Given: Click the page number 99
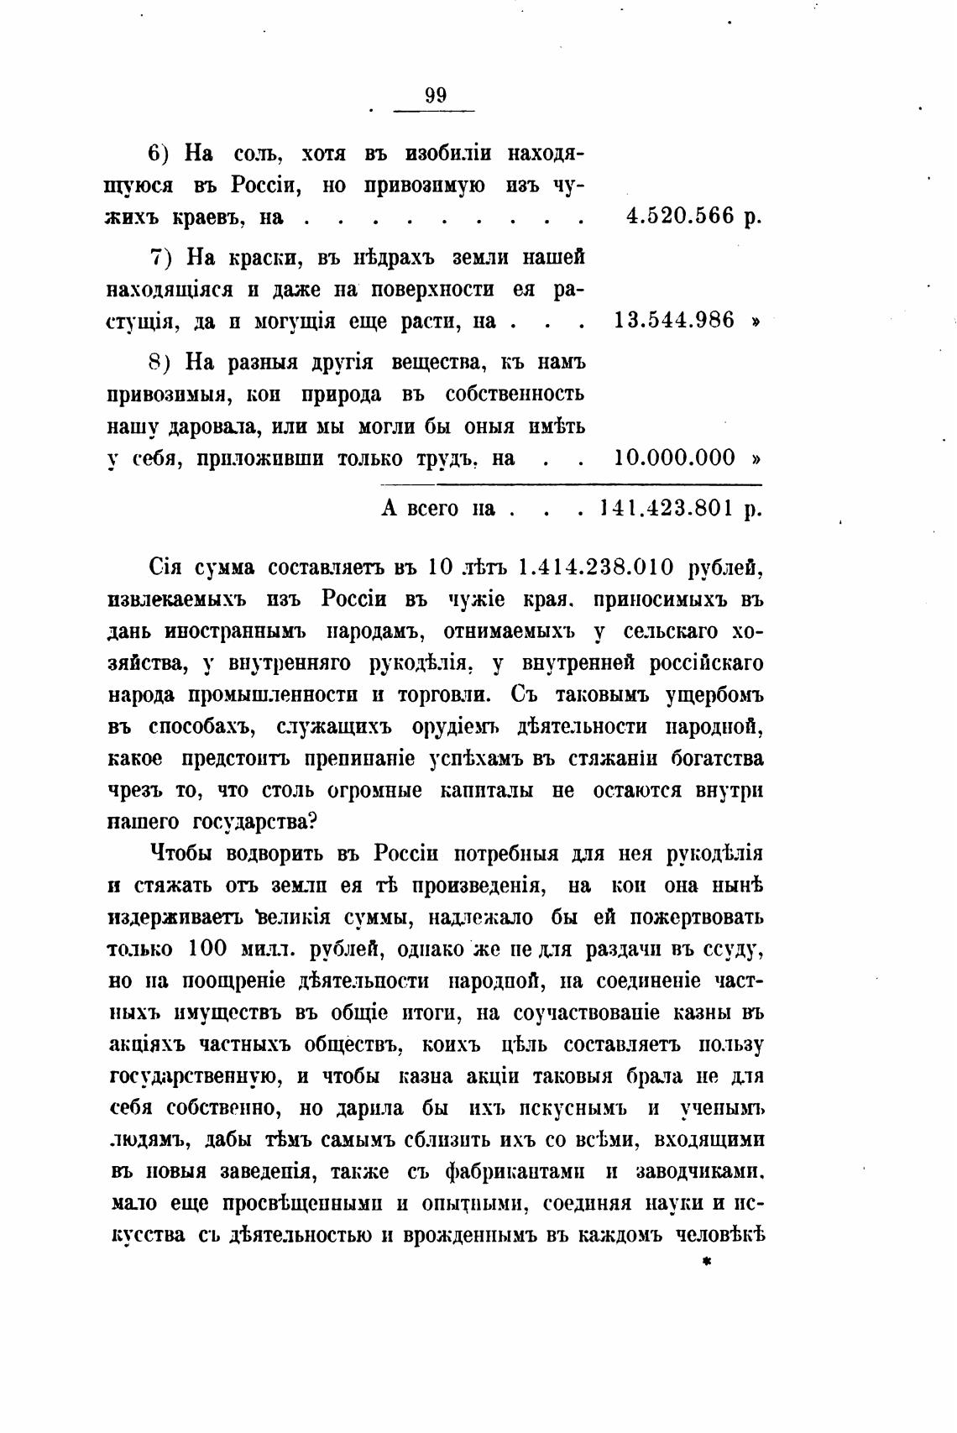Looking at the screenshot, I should (x=436, y=95).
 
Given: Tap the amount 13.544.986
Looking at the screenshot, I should (x=675, y=320).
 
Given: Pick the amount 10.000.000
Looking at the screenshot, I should (x=675, y=458).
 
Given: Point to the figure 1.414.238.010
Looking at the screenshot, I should (x=597, y=567).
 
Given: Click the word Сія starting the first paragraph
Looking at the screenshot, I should (x=165, y=567).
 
